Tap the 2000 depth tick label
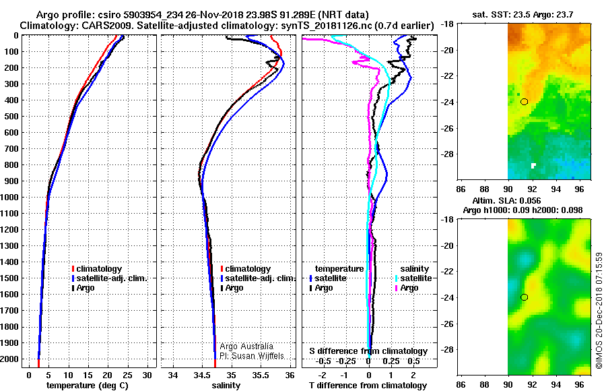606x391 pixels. pos(11,359)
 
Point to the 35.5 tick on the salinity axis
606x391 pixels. pos(261,375)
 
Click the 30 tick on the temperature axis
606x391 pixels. pos(147,375)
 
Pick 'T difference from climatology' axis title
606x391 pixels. pos(368,386)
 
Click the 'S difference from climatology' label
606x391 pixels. pos(368,351)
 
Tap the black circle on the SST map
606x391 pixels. pos(524,102)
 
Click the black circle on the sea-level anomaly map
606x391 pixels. pos(524,297)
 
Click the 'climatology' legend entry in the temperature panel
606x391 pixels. pos(100,269)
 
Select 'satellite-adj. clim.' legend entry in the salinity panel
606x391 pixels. pos(260,278)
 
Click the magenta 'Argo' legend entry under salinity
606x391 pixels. pos(409,288)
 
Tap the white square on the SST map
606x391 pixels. pos(533,165)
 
